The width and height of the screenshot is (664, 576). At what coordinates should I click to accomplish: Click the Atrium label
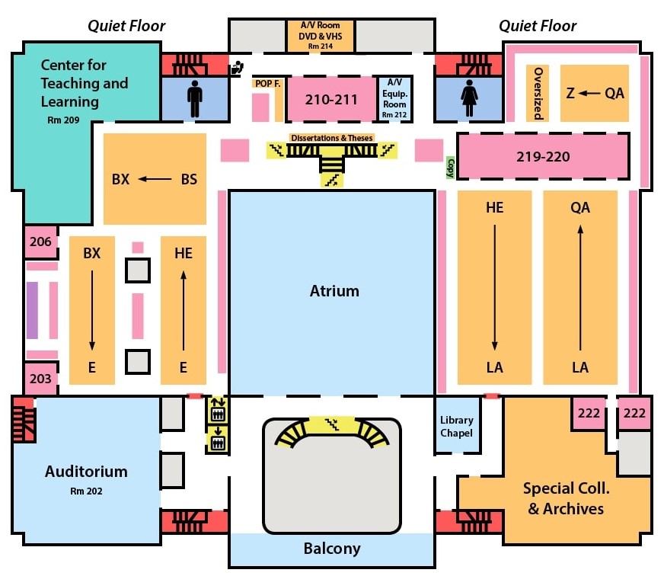pos(334,291)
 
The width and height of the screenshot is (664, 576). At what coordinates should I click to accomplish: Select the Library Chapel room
pos(457,427)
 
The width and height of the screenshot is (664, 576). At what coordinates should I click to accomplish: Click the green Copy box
pos(451,168)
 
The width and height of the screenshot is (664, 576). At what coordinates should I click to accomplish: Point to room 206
pos(40,242)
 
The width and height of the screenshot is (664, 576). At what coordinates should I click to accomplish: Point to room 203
pos(40,379)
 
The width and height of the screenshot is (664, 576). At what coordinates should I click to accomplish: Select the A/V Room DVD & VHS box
pos(320,35)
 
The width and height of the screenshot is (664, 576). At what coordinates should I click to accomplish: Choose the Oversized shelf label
pos(538,93)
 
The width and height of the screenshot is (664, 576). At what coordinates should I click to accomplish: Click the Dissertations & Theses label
pos(331,138)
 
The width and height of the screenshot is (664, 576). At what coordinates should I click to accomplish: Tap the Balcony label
pos(332,549)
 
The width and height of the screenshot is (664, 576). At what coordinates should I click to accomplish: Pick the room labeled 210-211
pos(331,99)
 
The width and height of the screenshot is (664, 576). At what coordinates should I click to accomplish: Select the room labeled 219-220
pos(543,157)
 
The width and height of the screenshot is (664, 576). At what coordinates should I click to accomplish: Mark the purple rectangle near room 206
pos(32,310)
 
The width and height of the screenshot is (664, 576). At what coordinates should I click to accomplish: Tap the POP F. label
pos(267,84)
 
